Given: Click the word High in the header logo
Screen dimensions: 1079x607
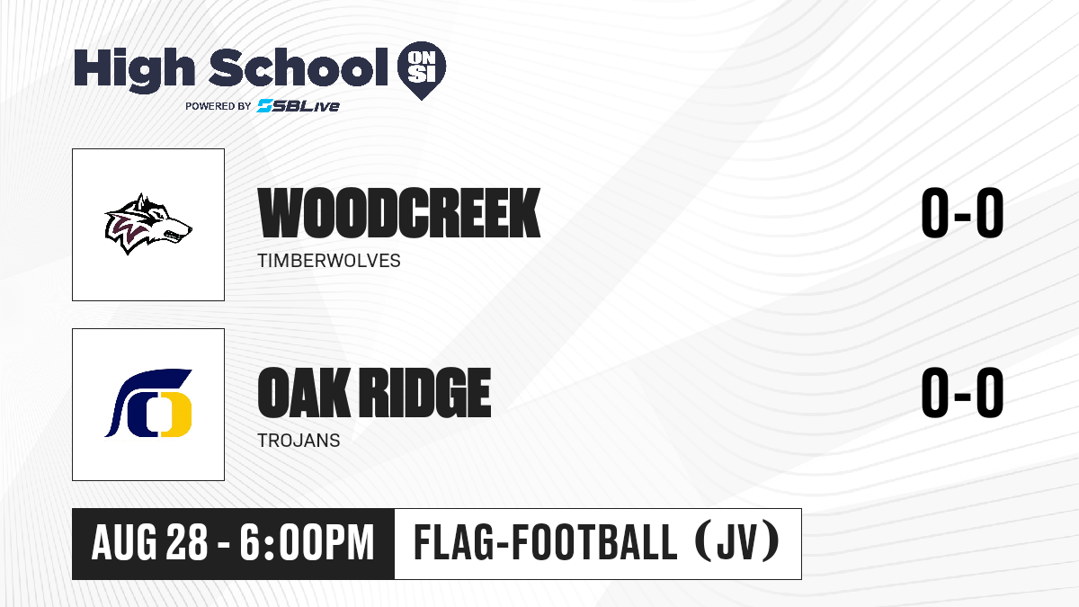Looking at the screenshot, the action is click(x=134, y=69).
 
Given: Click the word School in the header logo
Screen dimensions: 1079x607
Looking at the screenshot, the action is click(x=299, y=67).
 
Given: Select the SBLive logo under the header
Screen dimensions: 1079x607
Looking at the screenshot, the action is click(x=299, y=106).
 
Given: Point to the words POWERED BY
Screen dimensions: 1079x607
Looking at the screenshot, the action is click(x=218, y=106).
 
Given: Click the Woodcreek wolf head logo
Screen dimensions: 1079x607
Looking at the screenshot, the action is click(x=148, y=224).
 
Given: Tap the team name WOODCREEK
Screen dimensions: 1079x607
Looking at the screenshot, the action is click(x=399, y=213).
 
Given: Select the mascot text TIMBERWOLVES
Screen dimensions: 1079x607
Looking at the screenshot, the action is click(x=329, y=261).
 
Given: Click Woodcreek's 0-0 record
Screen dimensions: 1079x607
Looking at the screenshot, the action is click(x=962, y=213).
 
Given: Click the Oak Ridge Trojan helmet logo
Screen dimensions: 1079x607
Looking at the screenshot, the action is click(x=148, y=404).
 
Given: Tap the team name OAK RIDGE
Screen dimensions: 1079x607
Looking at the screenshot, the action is click(x=374, y=393).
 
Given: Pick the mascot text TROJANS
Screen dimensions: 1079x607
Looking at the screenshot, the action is click(x=299, y=441).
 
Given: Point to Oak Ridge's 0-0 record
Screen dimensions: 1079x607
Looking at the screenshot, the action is click(x=962, y=393).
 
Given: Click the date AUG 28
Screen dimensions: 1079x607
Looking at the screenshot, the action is click(x=150, y=543).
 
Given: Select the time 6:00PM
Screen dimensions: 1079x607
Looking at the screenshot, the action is click(x=308, y=543).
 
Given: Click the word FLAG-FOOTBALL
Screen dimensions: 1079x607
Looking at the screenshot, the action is click(x=546, y=542).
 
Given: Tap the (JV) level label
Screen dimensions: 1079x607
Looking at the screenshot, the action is click(x=737, y=542).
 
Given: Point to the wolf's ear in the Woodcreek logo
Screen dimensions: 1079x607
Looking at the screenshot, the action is click(x=141, y=202).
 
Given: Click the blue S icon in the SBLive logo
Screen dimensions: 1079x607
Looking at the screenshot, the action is click(x=264, y=106).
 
